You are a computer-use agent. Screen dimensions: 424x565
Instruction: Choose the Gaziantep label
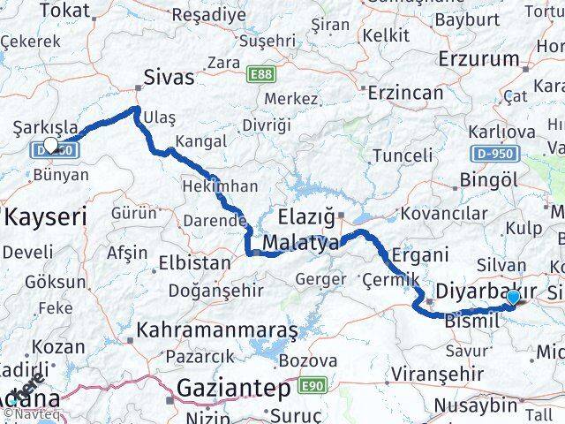234,387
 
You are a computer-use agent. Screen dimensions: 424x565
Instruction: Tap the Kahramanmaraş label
216,332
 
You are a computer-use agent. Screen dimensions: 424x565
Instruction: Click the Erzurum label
478,60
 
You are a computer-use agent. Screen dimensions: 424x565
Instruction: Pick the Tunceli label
403,155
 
